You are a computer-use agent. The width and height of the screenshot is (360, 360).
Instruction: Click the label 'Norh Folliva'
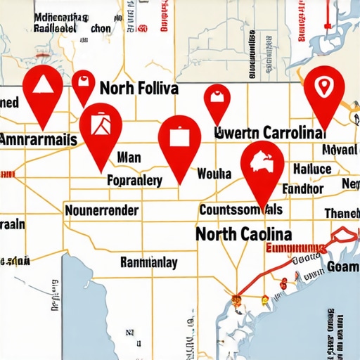point(139,89)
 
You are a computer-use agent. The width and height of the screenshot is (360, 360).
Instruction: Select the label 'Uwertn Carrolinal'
point(271,131)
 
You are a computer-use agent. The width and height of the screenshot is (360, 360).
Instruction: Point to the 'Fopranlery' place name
point(135,180)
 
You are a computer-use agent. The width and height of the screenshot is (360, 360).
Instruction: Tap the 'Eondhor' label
point(302,189)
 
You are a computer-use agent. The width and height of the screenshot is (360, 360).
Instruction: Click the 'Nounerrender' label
point(101,210)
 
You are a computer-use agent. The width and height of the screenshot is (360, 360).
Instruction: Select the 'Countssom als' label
point(241,210)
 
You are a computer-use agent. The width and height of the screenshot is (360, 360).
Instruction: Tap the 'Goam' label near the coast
point(342,266)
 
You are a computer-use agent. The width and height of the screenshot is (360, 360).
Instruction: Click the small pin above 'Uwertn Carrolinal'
point(217,98)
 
